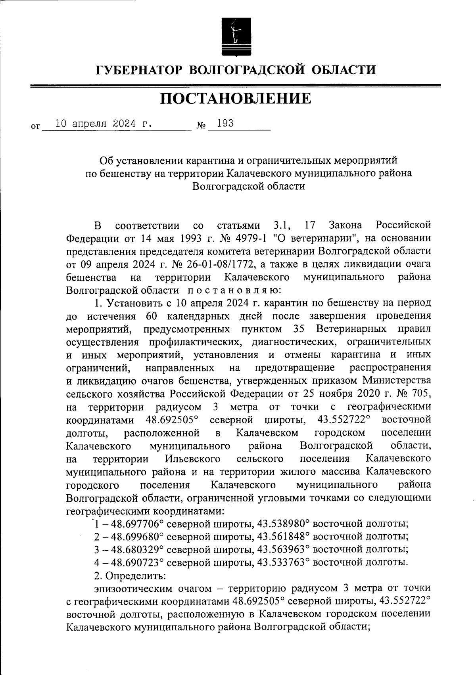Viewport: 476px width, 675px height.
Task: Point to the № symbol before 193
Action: (202, 126)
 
